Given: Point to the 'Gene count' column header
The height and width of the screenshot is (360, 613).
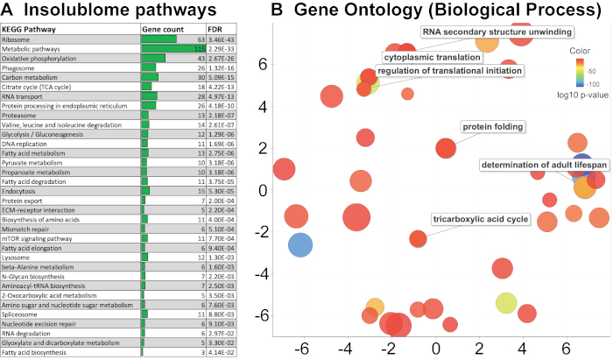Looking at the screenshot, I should pos(162,30).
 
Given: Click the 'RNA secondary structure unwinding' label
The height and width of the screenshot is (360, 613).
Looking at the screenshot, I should pos(498,32).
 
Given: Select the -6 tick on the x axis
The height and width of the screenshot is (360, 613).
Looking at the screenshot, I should pos(302,349).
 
